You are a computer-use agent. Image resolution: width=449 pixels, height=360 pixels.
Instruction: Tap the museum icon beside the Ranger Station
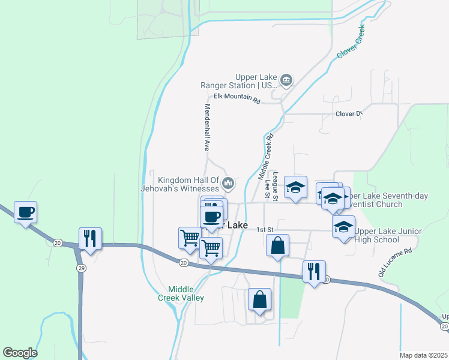coord(287,80)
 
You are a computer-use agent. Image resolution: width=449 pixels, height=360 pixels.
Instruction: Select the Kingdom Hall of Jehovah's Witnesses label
coord(188,184)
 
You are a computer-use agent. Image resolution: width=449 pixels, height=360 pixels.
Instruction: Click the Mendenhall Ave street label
coord(207,127)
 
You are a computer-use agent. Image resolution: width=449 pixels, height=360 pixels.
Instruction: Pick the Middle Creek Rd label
coord(265,157)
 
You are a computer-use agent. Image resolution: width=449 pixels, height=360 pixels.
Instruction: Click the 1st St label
coord(265,230)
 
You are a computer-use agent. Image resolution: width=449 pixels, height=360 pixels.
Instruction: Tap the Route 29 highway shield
coord(81,269)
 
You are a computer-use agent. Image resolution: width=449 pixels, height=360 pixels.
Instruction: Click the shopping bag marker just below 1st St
coord(277,245)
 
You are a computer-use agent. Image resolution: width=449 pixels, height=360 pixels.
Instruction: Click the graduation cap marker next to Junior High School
coord(343,227)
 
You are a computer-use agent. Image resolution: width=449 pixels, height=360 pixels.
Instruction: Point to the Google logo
coord(20,353)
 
